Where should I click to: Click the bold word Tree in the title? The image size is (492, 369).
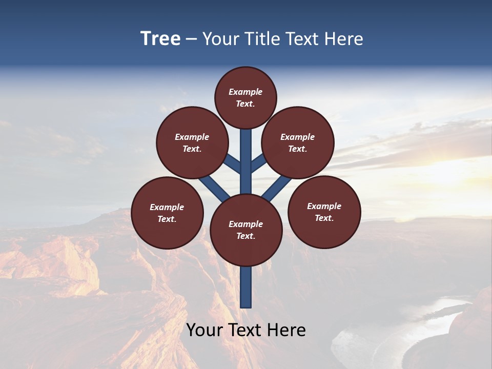[x=160, y=38]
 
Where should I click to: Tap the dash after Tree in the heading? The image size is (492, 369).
[x=192, y=39]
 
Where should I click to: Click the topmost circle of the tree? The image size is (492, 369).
[x=245, y=97]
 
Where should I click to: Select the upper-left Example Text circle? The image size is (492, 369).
[x=192, y=142]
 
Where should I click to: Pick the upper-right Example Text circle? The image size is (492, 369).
[x=298, y=142]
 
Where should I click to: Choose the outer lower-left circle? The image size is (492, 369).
[x=167, y=213]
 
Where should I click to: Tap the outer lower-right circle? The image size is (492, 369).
[x=324, y=212]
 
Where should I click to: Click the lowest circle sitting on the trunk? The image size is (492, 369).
[x=246, y=230]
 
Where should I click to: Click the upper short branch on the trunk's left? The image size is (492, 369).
[x=232, y=163]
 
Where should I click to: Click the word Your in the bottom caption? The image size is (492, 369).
[x=204, y=330]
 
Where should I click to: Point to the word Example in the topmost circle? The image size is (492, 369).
[x=245, y=92]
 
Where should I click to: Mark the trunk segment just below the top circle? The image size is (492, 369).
[x=246, y=149]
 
